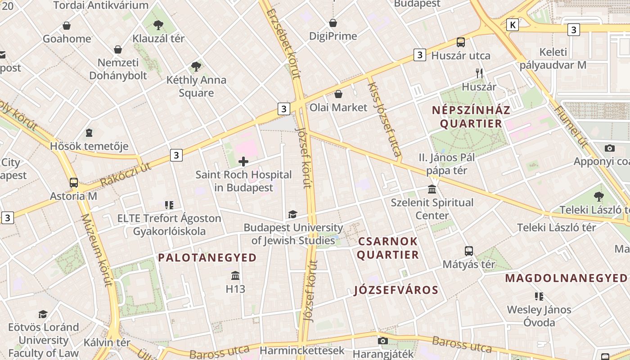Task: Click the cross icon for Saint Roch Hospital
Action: pyautogui.click(x=243, y=161)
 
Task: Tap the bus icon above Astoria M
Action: pyautogui.click(x=73, y=183)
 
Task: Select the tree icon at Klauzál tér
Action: pyautogui.click(x=158, y=25)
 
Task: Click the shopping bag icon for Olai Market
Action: pyautogui.click(x=338, y=94)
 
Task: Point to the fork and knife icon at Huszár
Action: pyautogui.click(x=479, y=73)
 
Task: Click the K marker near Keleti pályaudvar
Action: pyautogui.click(x=512, y=25)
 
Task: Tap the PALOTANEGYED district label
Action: pyautogui.click(x=207, y=258)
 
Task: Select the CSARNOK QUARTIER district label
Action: pyautogui.click(x=388, y=248)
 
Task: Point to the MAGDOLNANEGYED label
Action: pyautogui.click(x=566, y=278)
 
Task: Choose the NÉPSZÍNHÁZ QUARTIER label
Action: pyautogui.click(x=471, y=117)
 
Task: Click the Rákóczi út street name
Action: pyautogui.click(x=126, y=173)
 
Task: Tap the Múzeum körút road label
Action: pyautogui.click(x=96, y=250)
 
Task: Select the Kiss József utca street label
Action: pyautogui.click(x=385, y=119)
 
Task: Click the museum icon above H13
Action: pyautogui.click(x=235, y=275)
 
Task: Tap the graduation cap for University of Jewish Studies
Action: pyautogui.click(x=293, y=214)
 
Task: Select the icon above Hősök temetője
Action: pyautogui.click(x=89, y=133)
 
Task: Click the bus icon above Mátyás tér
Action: pyautogui.click(x=468, y=251)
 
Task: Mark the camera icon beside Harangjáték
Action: pyautogui.click(x=383, y=341)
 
